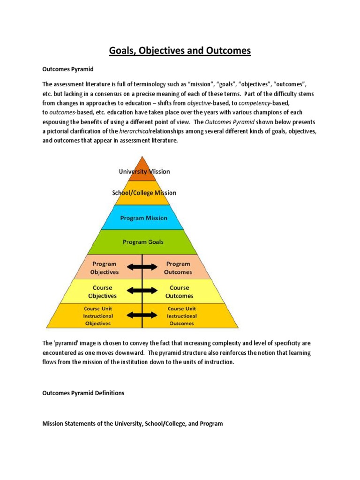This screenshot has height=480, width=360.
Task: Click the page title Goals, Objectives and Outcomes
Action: tap(180, 50)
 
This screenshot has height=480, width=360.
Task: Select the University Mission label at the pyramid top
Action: tap(144, 172)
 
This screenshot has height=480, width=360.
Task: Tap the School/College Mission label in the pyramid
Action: tap(144, 193)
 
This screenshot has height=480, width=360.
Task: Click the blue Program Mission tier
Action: tap(143, 218)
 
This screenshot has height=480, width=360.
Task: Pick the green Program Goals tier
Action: tap(143, 242)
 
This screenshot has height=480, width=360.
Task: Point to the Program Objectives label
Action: tap(104, 268)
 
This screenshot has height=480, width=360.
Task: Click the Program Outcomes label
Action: tap(178, 268)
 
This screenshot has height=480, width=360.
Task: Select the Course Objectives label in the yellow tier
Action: tap(102, 292)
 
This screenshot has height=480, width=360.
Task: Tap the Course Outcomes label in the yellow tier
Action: tap(179, 292)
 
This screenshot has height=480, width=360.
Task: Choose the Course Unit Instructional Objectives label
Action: tap(98, 316)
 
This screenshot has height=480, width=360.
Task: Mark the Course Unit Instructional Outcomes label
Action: tap(182, 316)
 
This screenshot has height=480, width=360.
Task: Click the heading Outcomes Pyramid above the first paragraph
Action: tap(68, 69)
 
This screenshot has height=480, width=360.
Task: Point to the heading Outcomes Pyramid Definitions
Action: tap(83, 393)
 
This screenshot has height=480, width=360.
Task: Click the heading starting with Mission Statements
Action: tap(133, 423)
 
